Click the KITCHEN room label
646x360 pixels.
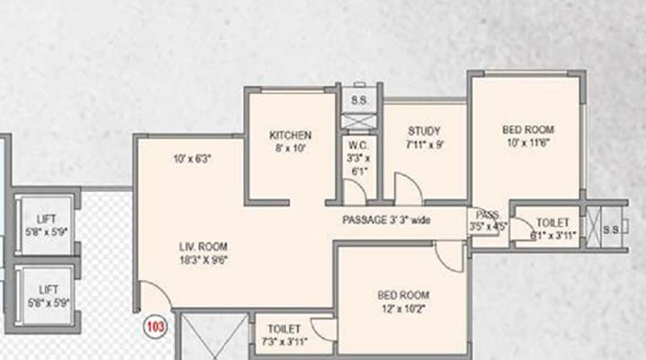pyautogui.click(x=290, y=135)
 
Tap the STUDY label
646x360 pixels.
pyautogui.click(x=424, y=131)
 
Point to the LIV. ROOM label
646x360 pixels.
pyautogui.click(x=203, y=245)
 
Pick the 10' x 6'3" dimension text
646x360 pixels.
pyautogui.click(x=191, y=159)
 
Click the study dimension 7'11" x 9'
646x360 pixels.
pyautogui.click(x=424, y=144)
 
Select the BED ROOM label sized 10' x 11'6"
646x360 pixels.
pyautogui.click(x=528, y=129)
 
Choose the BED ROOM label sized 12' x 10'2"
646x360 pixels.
pyautogui.click(x=403, y=295)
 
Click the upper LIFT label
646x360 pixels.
pyautogui.click(x=45, y=220)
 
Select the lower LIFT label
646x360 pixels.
pyautogui.click(x=45, y=289)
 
